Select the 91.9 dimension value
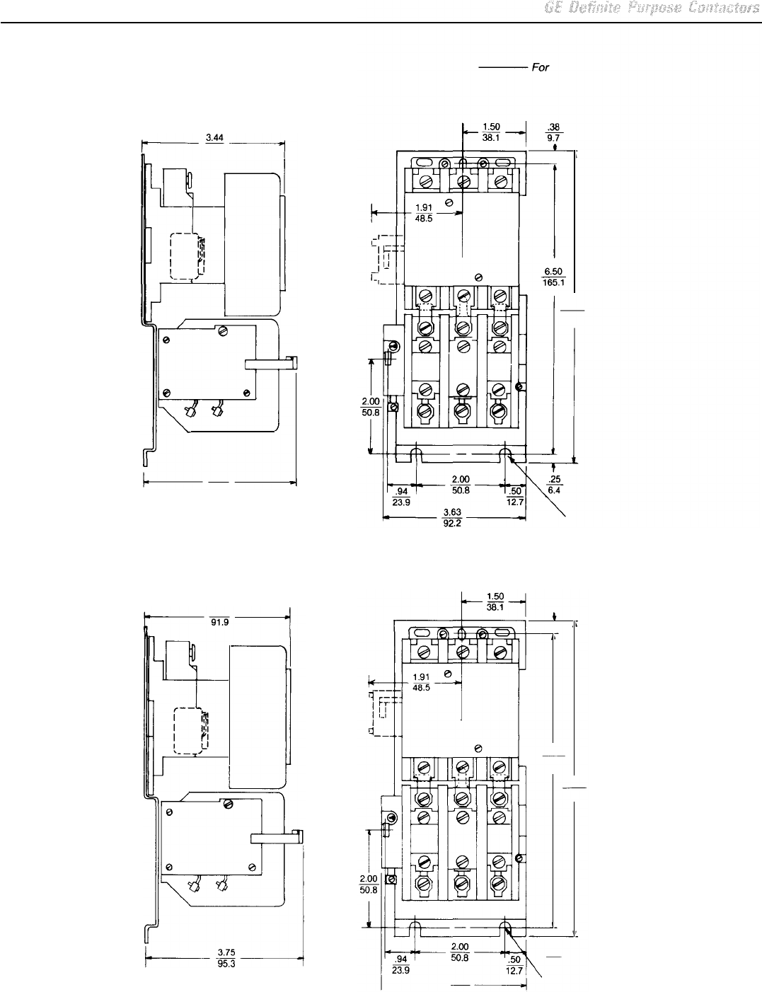pyautogui.click(x=219, y=623)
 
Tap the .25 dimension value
pyautogui.click(x=554, y=478)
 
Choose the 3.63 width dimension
pyautogui.click(x=449, y=512)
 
